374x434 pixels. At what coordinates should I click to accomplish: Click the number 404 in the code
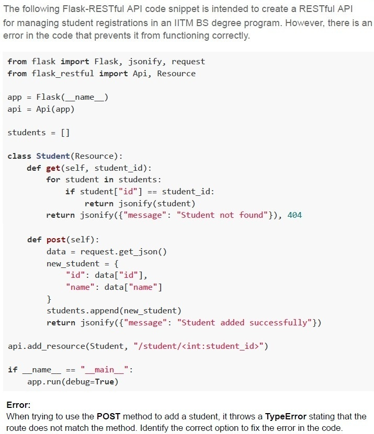point(294,215)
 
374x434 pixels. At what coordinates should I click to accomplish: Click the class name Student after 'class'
point(53,156)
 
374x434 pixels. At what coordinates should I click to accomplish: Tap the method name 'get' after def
point(53,168)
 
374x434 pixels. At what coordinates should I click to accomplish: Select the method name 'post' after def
point(56,239)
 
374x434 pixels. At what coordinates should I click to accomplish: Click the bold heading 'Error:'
point(18,405)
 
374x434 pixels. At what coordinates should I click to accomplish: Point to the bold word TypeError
point(286,416)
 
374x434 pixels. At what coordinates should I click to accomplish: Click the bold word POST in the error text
point(108,416)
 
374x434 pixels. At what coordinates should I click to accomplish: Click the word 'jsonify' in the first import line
point(146,62)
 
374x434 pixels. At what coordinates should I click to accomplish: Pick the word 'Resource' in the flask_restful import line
point(176,73)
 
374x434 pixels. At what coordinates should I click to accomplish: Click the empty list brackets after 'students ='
point(65,133)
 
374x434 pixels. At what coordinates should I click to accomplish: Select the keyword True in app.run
point(104,382)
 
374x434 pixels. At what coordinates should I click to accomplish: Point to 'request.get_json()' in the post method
point(123,252)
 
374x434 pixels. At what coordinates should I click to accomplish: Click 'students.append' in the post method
point(83,311)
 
